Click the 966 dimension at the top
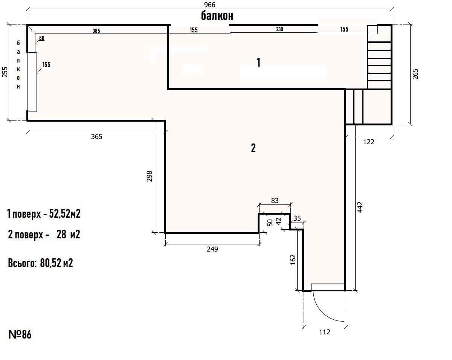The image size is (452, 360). pos(210,5)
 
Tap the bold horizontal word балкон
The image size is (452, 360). pos(217,16)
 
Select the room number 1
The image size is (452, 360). pos(258,63)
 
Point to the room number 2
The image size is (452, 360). pos(253,148)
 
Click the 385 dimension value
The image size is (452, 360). pos(96,31)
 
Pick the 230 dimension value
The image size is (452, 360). pos(279,29)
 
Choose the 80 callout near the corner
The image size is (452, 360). pos(41,38)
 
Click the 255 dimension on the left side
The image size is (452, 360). pos(5,72)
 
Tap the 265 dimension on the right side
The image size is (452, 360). pos(415,74)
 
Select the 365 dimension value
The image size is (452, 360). pos(97,137)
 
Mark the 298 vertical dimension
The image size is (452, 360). pos(149,176)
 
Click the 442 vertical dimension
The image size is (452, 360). pos(360,207)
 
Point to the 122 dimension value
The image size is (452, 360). pos(369,142)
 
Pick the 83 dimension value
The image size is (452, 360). pos(275,201)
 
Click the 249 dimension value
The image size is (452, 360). pos(212,249)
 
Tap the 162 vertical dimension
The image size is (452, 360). pos(293,259)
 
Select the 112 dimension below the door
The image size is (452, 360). pos(325,332)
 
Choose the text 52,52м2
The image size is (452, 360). pos(65,214)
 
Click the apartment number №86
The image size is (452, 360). pos(20,334)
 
